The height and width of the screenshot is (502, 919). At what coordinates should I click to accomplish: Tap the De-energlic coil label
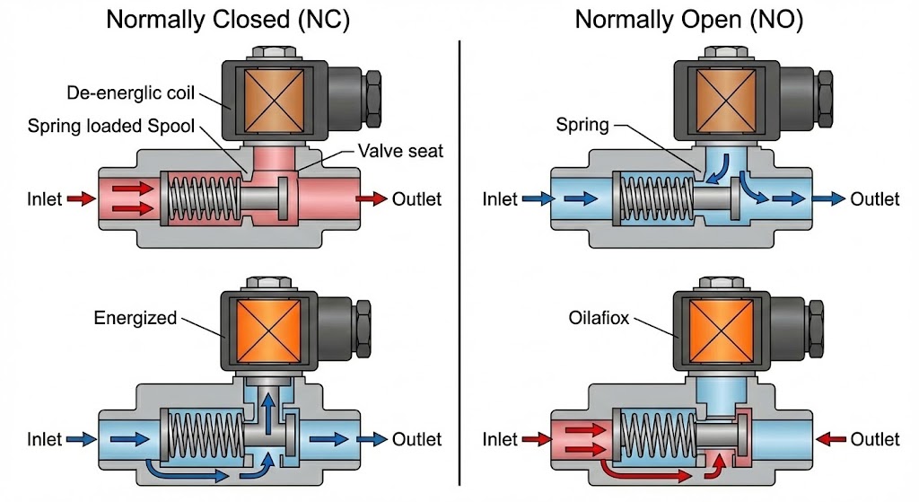tap(130, 93)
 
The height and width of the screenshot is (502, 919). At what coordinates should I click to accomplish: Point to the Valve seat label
tap(400, 151)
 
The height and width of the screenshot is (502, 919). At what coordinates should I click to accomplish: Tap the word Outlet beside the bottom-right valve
tap(875, 439)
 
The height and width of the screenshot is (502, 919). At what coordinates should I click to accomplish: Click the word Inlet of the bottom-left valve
tap(44, 439)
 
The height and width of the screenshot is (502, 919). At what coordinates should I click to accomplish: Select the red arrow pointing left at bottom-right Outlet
tap(829, 439)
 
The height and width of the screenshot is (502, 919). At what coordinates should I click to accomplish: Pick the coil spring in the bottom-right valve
tap(654, 439)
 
